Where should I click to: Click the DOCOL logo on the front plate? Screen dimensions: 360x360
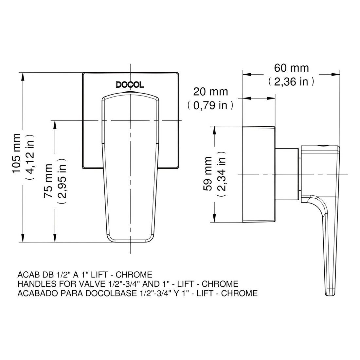(130, 85)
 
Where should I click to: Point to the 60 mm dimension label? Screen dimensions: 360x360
(291, 68)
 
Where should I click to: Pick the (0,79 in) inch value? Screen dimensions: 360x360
(210, 105)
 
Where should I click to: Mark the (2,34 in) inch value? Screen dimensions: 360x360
(221, 174)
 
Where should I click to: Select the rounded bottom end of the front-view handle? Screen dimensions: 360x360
(130, 239)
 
